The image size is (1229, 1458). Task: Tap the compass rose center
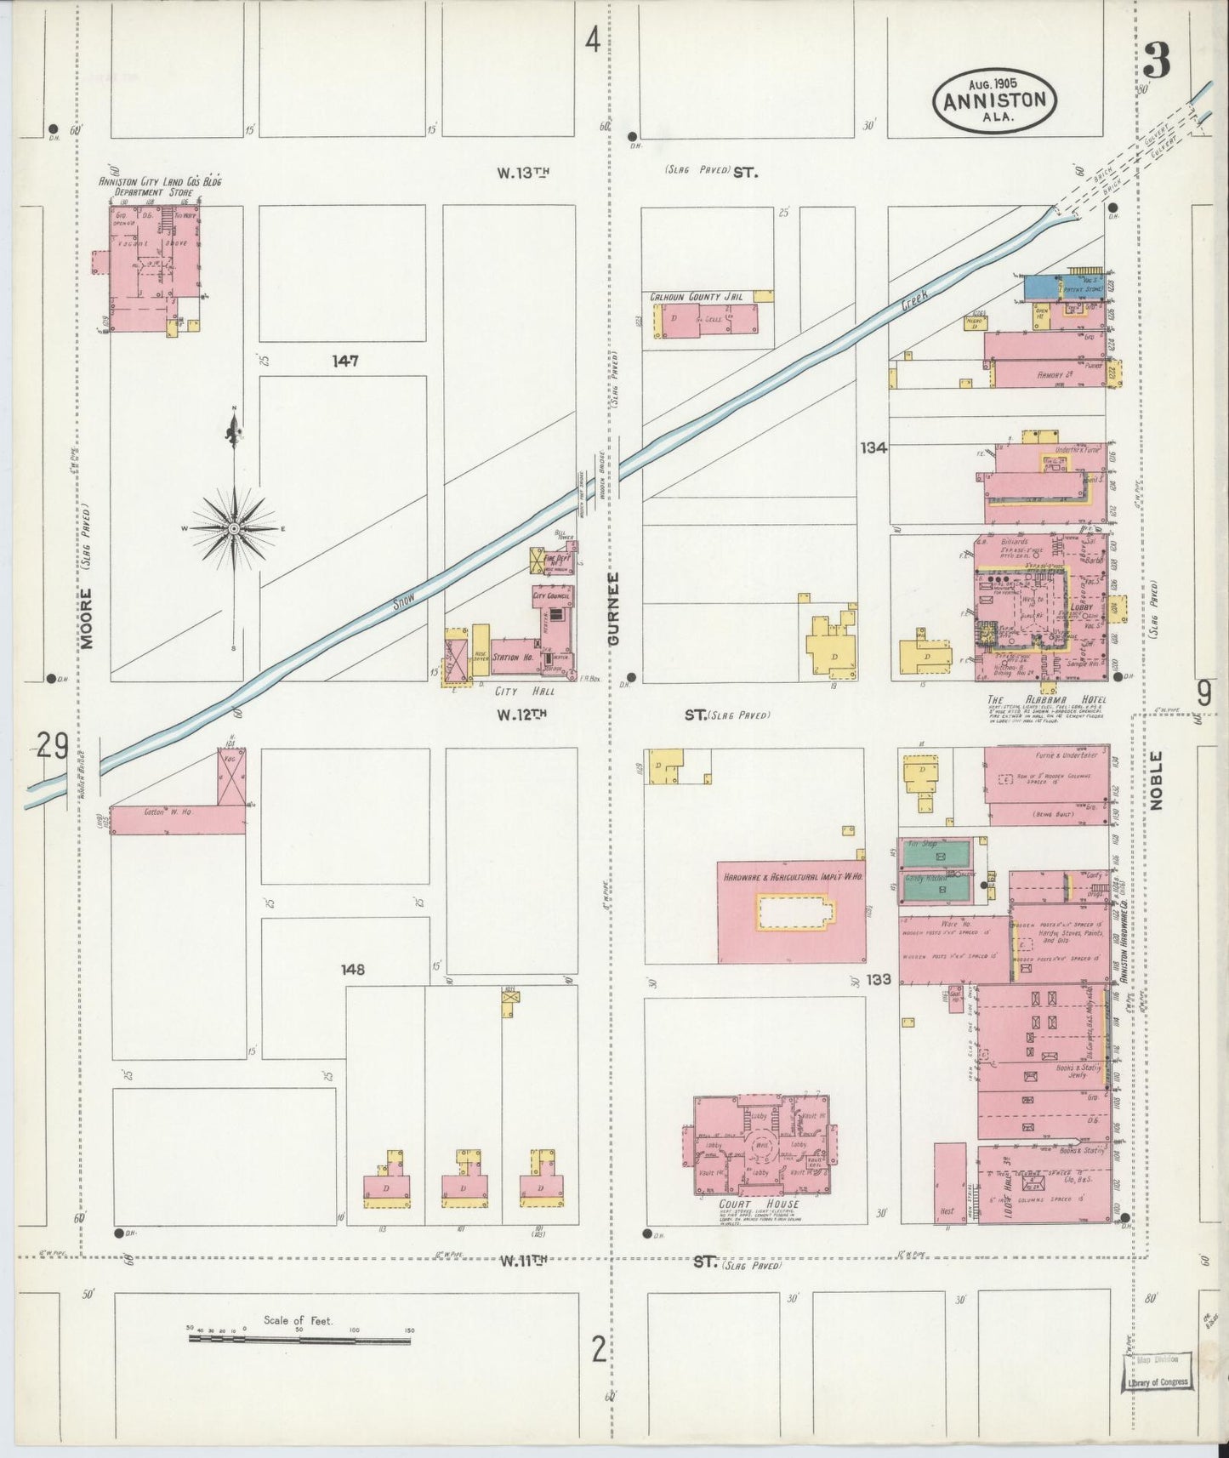[x=233, y=528]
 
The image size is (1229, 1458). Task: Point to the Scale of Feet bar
[x=299, y=1341]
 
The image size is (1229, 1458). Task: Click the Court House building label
[x=746, y=1205]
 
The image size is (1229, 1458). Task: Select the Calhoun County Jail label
[x=697, y=297]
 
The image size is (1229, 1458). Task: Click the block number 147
[x=345, y=362]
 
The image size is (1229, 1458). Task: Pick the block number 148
[x=353, y=969]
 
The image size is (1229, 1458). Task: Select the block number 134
[x=873, y=447]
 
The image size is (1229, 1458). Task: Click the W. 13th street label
[x=524, y=172]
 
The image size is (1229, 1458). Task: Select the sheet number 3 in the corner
[x=1156, y=60]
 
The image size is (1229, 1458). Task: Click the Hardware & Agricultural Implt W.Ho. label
[x=791, y=876]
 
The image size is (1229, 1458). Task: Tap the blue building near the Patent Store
[x=1039, y=287]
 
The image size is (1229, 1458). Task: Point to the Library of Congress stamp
[x=1158, y=1382]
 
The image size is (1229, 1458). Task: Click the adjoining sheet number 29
[x=53, y=747]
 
